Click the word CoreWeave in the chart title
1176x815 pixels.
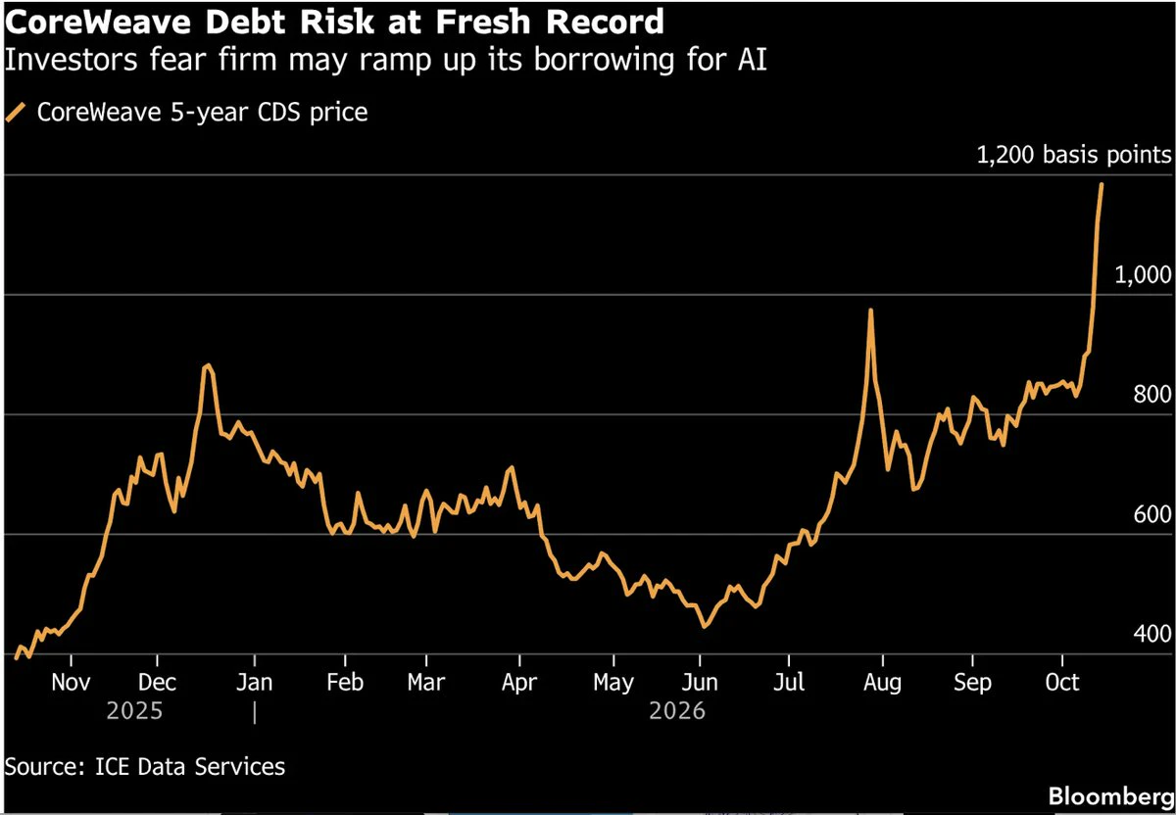click(x=98, y=23)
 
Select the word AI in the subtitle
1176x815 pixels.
click(x=752, y=59)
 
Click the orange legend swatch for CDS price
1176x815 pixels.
click(x=16, y=113)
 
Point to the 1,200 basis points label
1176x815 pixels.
click(x=1074, y=155)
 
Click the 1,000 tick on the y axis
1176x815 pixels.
click(x=1143, y=275)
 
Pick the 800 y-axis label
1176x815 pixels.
click(x=1151, y=394)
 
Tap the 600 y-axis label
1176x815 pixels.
click(x=1151, y=514)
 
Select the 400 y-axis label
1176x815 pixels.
click(x=1151, y=634)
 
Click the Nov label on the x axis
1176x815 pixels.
click(x=71, y=682)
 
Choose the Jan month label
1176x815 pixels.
click(x=255, y=682)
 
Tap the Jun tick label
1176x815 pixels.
click(x=700, y=682)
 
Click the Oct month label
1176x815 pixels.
click(x=1062, y=682)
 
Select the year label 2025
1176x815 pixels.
click(x=134, y=711)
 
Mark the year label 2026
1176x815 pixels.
click(x=677, y=711)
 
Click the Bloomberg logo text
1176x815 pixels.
click(x=1110, y=796)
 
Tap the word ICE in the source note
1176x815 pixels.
click(x=112, y=767)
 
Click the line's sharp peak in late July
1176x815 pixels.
click(x=870, y=311)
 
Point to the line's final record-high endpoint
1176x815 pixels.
click(x=1102, y=185)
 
